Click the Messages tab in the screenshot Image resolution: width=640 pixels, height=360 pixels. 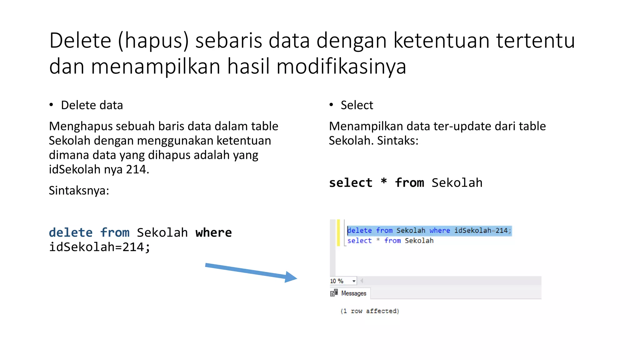click(x=353, y=293)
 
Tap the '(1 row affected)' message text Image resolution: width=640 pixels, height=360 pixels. click(x=370, y=311)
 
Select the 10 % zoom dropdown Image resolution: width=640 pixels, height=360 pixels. click(x=343, y=281)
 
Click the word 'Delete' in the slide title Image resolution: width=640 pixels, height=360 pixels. click(x=80, y=41)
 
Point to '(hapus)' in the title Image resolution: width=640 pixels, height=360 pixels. click(x=153, y=41)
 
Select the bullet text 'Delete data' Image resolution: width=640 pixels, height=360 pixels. click(x=92, y=105)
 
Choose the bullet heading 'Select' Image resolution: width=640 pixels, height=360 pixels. click(x=357, y=105)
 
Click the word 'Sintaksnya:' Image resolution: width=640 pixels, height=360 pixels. click(x=79, y=190)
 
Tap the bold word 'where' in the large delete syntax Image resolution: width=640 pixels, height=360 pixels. click(x=214, y=233)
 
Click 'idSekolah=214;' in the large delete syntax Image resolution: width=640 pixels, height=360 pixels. click(x=100, y=247)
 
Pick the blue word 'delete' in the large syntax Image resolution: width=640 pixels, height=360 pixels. click(x=71, y=233)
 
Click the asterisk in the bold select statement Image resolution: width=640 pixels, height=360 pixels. click(x=384, y=182)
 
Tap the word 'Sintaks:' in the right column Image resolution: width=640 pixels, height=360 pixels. click(x=397, y=141)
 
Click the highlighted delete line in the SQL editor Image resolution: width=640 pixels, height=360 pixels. click(x=429, y=231)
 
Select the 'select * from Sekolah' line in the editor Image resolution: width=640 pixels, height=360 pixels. click(x=390, y=241)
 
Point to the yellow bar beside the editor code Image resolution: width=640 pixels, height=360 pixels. click(x=338, y=233)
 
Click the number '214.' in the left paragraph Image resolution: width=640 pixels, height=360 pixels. click(x=137, y=169)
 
